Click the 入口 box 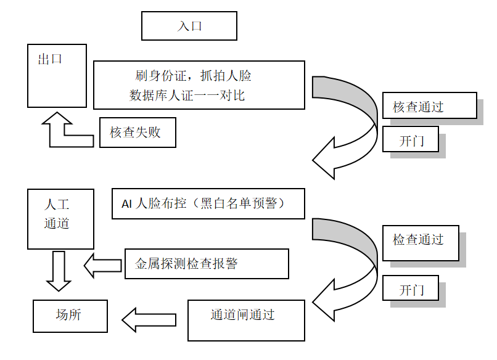[x=189, y=27]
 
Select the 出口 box [x=57, y=75]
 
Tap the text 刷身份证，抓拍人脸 [x=193, y=76]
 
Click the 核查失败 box [x=138, y=132]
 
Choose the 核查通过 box [x=429, y=106]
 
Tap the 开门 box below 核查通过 [x=411, y=139]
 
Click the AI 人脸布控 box [x=208, y=203]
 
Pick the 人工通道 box [x=60, y=219]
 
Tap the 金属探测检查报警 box [x=207, y=264]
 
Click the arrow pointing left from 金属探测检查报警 [x=103, y=265]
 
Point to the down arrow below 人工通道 [x=59, y=271]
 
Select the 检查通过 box [x=421, y=243]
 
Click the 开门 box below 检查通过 [x=411, y=289]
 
